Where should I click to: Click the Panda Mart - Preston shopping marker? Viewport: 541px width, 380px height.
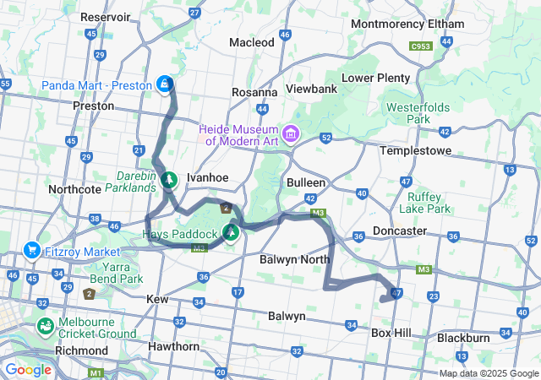165,84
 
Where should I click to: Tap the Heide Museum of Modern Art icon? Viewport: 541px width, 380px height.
292,133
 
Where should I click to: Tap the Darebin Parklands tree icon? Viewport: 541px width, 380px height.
169,179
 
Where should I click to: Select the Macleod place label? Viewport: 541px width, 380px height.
252,42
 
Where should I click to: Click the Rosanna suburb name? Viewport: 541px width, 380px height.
255,92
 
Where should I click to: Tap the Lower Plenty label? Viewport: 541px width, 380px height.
375,78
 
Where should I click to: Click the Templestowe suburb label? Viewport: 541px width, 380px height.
416,150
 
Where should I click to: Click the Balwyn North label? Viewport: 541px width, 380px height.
294,259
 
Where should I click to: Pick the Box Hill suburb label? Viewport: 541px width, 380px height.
391,334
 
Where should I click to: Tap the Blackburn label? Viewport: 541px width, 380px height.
463,338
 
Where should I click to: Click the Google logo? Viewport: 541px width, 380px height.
28,370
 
